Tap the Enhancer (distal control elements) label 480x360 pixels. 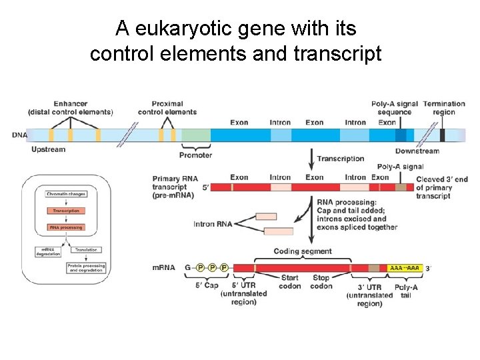71,108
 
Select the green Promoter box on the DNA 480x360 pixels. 196,135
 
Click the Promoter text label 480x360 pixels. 196,155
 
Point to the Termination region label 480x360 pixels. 443,108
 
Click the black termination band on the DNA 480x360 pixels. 443,135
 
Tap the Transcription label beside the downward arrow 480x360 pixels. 341,159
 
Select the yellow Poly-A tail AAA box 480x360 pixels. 405,267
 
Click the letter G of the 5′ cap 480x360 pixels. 188,267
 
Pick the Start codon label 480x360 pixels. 290,282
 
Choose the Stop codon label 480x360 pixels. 321,282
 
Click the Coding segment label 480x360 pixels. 303,251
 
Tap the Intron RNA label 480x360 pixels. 213,224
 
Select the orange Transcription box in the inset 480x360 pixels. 66,211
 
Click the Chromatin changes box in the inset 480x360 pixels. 66,194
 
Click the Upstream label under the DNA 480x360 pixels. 49,149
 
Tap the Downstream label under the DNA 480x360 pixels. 417,151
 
